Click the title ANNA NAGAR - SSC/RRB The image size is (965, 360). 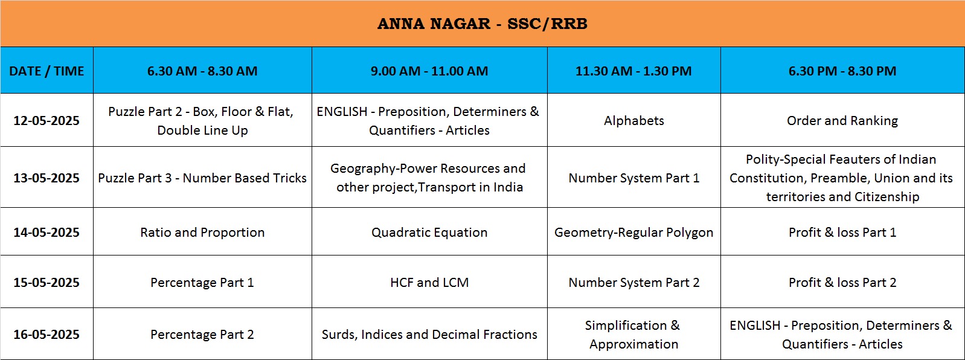tap(482, 24)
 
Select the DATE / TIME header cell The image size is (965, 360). tap(46, 71)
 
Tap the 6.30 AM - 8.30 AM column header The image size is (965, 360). tap(202, 71)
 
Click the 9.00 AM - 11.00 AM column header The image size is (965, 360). tap(429, 71)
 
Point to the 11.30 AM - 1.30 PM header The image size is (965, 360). tap(633, 71)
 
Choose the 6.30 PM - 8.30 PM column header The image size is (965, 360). tap(842, 71)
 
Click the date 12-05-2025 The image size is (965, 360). tap(46, 120)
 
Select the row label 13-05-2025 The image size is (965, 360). tap(46, 178)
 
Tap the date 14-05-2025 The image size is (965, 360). tap(46, 232)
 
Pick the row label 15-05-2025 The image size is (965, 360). tap(46, 282)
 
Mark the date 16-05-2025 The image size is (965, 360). tap(46, 334)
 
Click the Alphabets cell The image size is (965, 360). tap(633, 120)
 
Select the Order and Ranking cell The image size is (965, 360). tap(842, 120)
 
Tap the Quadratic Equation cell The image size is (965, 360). tap(429, 233)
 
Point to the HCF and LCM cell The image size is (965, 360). tap(429, 283)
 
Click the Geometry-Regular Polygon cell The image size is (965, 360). tap(633, 233)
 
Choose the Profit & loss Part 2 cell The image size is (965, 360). tap(842, 283)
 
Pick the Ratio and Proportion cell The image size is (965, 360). tap(202, 233)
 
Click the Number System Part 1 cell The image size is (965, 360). tap(633, 178)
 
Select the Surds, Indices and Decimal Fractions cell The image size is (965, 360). tap(429, 335)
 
